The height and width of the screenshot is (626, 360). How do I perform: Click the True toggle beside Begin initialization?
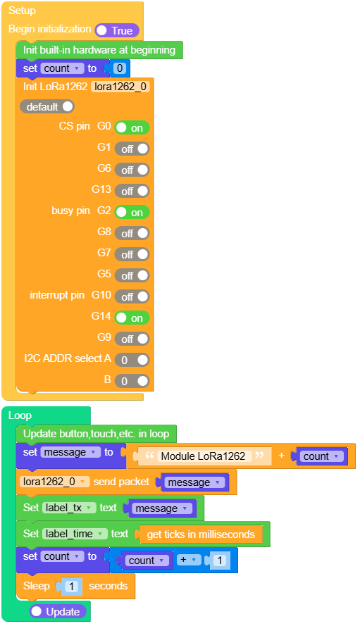[117, 30]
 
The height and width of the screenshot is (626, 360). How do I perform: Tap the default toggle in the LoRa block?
[47, 106]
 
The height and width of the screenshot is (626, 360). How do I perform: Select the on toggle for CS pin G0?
[132, 127]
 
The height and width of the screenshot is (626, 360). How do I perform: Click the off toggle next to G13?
[132, 191]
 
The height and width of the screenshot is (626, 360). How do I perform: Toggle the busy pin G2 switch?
[132, 212]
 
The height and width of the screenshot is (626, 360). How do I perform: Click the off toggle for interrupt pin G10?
[132, 296]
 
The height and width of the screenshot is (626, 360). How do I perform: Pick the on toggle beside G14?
[132, 318]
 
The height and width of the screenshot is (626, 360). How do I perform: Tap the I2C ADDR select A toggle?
[132, 360]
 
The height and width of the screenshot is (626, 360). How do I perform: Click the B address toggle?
[132, 381]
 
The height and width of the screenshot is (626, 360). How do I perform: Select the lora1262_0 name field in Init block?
[120, 87]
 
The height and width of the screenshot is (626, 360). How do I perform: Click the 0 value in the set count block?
[120, 68]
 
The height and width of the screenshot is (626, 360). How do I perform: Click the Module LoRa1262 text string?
[203, 456]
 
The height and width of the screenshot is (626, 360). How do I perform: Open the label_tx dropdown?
[69, 508]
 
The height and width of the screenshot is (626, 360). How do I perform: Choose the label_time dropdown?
[75, 534]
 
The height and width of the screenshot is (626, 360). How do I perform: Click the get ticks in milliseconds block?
[201, 534]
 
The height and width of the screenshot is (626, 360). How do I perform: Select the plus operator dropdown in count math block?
[189, 560]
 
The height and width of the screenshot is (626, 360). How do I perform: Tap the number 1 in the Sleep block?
[72, 586]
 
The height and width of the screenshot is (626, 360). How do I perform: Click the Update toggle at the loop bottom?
[58, 612]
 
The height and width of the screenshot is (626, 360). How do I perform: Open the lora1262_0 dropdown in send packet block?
[55, 482]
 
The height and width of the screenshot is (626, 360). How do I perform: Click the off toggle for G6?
[132, 170]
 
